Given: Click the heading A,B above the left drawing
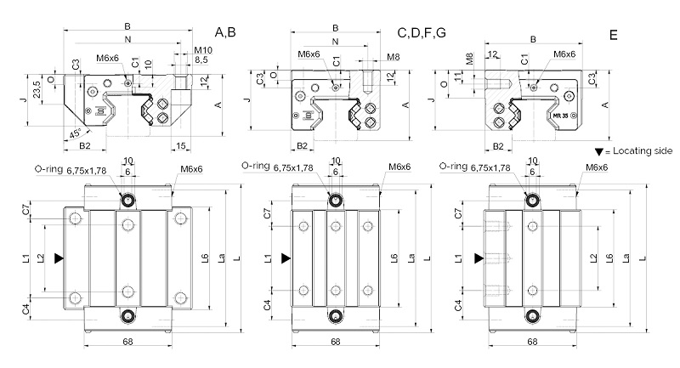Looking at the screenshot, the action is click(x=225, y=32).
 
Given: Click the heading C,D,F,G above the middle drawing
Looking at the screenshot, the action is click(x=422, y=33).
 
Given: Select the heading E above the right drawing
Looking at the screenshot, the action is click(x=613, y=35).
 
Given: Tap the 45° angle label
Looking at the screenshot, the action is click(x=76, y=133).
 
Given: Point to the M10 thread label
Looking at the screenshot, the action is click(x=203, y=51).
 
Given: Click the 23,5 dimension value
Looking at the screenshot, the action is click(x=37, y=89).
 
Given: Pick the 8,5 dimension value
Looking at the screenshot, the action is click(x=201, y=59).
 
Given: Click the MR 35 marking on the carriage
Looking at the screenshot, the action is click(x=560, y=116).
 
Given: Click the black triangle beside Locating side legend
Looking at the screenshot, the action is click(x=599, y=152).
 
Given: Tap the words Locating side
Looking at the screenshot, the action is click(x=643, y=150).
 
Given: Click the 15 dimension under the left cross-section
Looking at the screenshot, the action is click(x=181, y=146).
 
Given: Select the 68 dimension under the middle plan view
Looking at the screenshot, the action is click(x=336, y=342).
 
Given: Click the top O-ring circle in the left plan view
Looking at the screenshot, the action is click(x=127, y=200).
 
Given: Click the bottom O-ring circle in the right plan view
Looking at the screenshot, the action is click(x=533, y=316).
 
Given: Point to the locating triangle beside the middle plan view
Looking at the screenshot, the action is click(x=286, y=258).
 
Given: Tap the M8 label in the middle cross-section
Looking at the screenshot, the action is click(x=393, y=57).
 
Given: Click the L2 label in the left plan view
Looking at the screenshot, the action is click(x=41, y=258).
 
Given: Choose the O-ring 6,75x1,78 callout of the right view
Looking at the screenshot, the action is click(x=474, y=167).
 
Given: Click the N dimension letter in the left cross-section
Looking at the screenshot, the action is click(x=127, y=39).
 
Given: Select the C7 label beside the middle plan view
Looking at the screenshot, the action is click(x=267, y=213).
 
